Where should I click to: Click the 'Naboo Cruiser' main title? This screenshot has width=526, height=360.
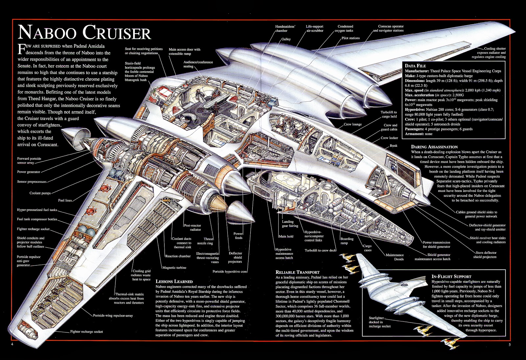84,33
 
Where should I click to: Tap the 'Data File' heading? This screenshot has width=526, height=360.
415,66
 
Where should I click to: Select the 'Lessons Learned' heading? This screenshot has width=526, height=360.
174,281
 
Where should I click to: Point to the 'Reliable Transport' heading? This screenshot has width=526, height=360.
297,272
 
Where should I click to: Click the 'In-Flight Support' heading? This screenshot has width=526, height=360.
451,276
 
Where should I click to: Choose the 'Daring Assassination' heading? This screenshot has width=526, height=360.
434,147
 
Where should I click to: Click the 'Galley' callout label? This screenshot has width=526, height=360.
286,39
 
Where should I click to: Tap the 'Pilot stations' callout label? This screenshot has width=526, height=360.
350,38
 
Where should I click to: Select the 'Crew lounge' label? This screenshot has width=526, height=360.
352,124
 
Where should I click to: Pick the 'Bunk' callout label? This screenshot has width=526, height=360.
393,145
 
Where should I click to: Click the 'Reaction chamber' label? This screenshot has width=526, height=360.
178,256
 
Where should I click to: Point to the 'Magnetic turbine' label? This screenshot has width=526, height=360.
174,268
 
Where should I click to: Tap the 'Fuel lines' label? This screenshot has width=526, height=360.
65,200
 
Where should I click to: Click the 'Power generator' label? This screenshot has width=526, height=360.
29,172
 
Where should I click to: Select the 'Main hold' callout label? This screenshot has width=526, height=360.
286,236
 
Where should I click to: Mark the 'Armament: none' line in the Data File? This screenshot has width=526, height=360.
418,134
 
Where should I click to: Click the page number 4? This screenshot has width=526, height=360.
12,344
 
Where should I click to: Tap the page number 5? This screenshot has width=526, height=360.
509,345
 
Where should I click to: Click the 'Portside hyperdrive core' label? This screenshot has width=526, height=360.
229,272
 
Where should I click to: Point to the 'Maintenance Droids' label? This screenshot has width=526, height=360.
394,257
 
